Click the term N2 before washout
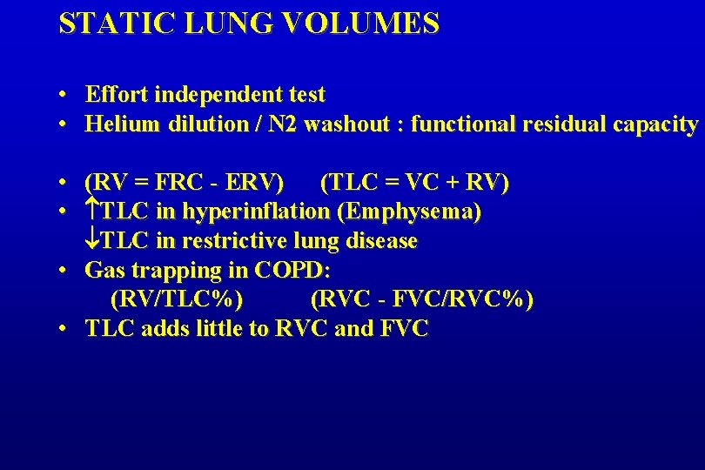[x=282, y=124]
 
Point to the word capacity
[x=655, y=124]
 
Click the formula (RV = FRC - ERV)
[x=184, y=183]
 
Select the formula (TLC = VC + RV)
[x=415, y=183]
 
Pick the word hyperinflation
[x=256, y=211]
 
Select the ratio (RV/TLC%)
[x=177, y=299]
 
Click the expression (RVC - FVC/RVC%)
[x=422, y=299]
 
